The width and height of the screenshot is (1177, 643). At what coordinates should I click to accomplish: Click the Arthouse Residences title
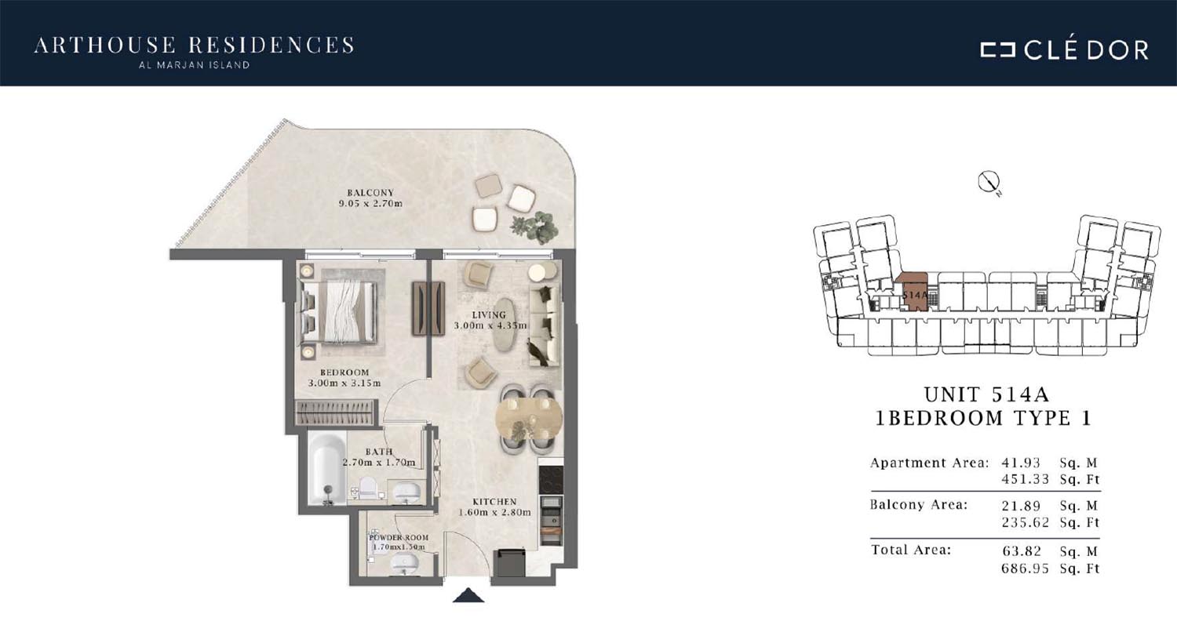click(x=194, y=45)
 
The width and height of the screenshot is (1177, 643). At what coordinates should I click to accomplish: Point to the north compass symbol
click(x=989, y=182)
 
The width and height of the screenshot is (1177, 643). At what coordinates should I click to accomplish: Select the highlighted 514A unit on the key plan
click(x=913, y=292)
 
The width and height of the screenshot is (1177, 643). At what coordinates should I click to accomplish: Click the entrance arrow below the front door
click(x=468, y=595)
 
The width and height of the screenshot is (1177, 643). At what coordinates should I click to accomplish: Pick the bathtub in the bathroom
click(x=327, y=468)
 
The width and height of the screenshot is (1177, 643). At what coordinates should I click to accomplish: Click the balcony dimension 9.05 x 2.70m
click(x=370, y=204)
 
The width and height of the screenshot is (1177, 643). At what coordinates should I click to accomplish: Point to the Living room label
click(x=489, y=315)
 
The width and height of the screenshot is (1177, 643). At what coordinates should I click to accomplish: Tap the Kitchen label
click(x=494, y=502)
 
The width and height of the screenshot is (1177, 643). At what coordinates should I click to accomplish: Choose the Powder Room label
click(x=399, y=537)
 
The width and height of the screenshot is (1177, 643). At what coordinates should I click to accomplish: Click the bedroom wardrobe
click(x=337, y=412)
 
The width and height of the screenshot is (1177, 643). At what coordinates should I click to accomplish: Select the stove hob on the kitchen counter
click(x=551, y=478)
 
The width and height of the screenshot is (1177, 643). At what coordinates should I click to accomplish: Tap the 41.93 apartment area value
click(x=1021, y=463)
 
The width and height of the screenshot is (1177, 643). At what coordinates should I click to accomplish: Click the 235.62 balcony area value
click(x=1025, y=523)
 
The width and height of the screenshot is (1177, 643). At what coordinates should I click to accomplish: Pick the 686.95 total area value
click(x=1025, y=569)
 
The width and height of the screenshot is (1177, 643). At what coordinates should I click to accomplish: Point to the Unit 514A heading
click(x=986, y=394)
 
